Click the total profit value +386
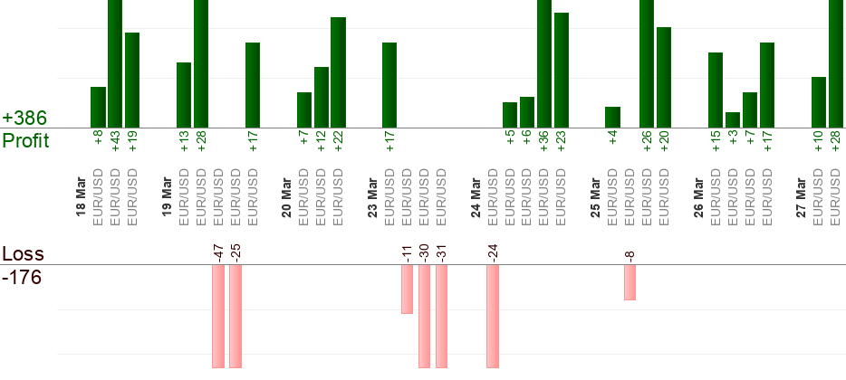pyautogui.click(x=25, y=119)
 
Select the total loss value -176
pyautogui.click(x=23, y=277)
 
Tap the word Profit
pyautogui.click(x=26, y=141)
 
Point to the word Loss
pyautogui.click(x=22, y=253)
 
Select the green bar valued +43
pyautogui.click(x=115, y=63)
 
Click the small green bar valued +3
pyautogui.click(x=733, y=119)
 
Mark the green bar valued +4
pyautogui.click(x=612, y=117)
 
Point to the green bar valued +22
pyautogui.click(x=338, y=72)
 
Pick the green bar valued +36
pyautogui.click(x=543, y=63)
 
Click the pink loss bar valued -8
pyautogui.click(x=630, y=281)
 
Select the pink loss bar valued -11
pyautogui.click(x=407, y=289)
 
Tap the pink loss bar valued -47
pyautogui.click(x=218, y=316)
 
